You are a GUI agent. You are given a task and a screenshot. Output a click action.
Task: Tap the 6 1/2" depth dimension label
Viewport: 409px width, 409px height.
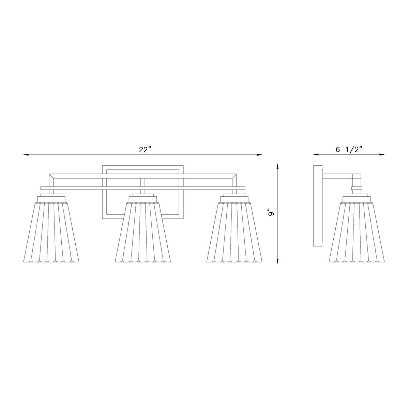(x=349, y=150)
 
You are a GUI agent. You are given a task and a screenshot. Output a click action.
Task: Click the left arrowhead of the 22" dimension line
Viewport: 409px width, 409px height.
(x=26, y=155)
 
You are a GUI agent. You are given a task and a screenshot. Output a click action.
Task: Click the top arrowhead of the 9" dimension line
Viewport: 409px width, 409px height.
(x=278, y=166)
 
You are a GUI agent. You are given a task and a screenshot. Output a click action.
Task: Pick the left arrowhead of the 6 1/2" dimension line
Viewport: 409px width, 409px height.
(x=316, y=155)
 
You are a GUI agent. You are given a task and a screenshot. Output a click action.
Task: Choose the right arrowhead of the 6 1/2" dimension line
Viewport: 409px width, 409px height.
(x=382, y=155)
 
